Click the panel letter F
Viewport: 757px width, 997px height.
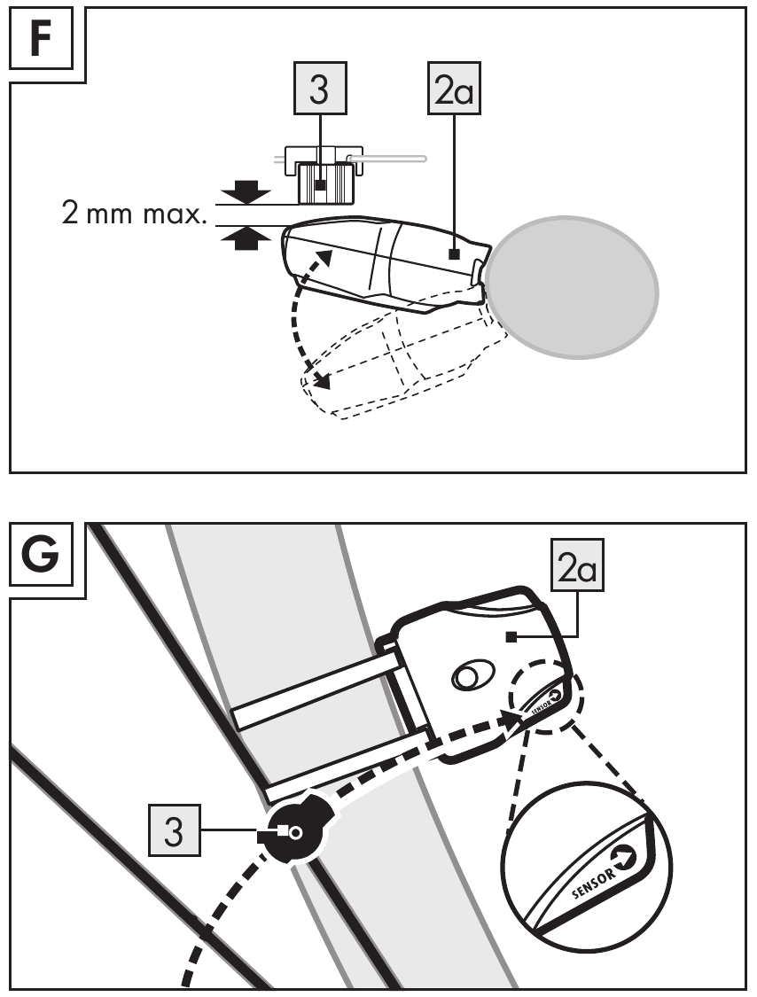click(x=40, y=39)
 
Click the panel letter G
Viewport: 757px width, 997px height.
click(x=40, y=554)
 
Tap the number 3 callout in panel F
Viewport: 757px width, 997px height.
click(x=319, y=89)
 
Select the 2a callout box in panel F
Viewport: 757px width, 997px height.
click(x=454, y=89)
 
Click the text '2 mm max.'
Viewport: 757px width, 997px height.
click(x=135, y=214)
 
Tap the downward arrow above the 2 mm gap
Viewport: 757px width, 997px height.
click(x=246, y=191)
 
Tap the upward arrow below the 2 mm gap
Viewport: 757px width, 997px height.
click(x=246, y=239)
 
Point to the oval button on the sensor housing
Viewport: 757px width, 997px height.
click(x=472, y=675)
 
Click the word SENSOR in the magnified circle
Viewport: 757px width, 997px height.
click(x=594, y=884)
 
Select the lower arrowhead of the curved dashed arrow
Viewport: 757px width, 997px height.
click(x=321, y=380)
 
